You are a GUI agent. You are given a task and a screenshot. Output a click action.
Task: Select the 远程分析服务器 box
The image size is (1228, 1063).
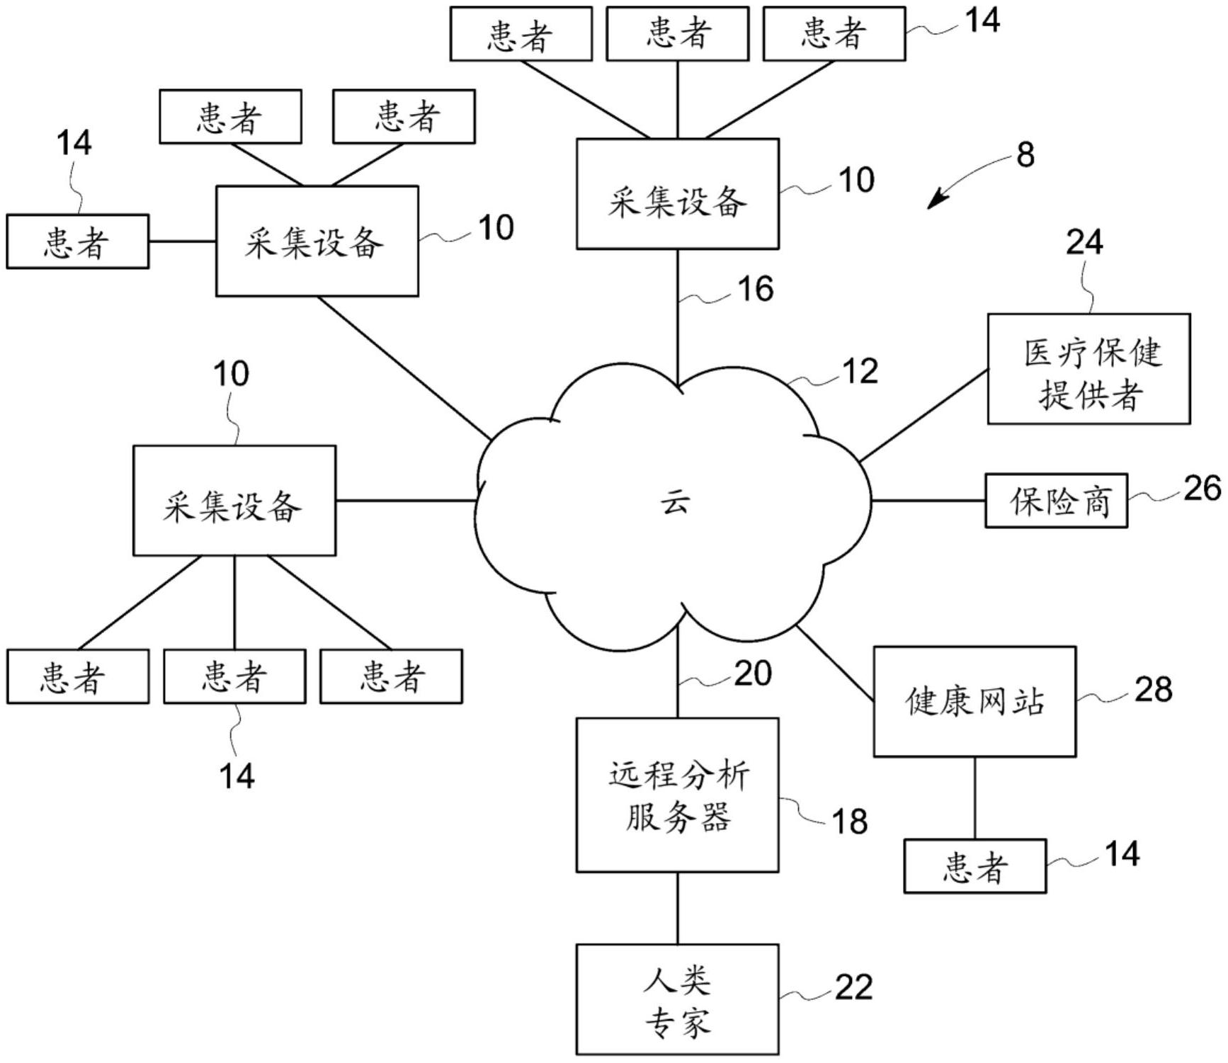point(677,795)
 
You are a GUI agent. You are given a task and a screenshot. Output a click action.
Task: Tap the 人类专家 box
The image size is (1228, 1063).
point(677,999)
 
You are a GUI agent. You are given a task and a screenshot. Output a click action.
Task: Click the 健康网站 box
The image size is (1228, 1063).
point(974,702)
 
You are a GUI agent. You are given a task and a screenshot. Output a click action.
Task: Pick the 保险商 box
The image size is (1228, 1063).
point(1056,501)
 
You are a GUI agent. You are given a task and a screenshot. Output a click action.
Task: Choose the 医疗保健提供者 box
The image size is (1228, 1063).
point(1088,369)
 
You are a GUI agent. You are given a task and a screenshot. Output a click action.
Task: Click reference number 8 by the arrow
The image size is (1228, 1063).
point(1025,155)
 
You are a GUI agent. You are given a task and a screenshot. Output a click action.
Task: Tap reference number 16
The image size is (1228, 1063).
point(755,289)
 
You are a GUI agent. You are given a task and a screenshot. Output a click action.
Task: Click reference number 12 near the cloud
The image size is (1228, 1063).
point(860,371)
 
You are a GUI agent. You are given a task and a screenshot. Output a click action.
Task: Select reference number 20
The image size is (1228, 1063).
point(752,673)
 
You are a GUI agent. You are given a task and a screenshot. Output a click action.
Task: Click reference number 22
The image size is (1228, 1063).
point(853,987)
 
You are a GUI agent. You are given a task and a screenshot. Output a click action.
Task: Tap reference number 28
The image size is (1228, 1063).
point(1153,689)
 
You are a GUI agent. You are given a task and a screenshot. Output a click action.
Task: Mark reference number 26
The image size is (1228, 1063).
point(1202,489)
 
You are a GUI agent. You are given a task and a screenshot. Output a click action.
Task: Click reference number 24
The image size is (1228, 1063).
point(1084,242)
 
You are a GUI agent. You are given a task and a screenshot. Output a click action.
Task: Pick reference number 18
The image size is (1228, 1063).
point(849,822)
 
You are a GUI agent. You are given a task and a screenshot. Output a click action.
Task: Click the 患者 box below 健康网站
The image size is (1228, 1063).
point(974,866)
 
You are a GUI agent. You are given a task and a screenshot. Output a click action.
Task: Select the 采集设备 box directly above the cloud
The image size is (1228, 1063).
point(677,194)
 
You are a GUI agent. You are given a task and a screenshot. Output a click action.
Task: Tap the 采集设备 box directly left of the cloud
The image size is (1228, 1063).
point(234,501)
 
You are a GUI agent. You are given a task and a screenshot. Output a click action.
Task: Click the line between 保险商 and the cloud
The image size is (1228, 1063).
point(928,501)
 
